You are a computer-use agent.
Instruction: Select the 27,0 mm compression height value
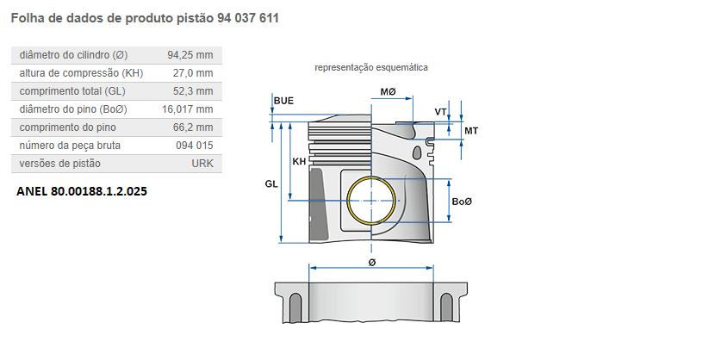[x=194, y=73]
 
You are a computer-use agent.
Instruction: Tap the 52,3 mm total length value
[x=194, y=91]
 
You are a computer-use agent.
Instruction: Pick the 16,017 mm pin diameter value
[x=187, y=109]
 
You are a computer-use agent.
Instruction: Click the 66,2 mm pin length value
[x=194, y=127]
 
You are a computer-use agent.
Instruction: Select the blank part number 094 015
[x=194, y=146]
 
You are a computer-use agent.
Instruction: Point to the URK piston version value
[x=202, y=164]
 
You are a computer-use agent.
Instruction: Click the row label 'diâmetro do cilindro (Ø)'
[x=73, y=55]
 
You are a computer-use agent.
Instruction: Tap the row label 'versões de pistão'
[x=59, y=164]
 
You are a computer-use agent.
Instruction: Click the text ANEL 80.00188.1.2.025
[x=82, y=191]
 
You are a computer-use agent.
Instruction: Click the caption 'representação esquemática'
[x=371, y=67]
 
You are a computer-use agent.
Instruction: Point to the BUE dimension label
[x=283, y=101]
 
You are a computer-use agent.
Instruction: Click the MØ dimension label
[x=388, y=92]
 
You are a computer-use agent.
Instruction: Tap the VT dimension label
[x=440, y=112]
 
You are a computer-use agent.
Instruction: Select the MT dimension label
[x=470, y=130]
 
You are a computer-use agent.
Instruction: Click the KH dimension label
[x=299, y=162]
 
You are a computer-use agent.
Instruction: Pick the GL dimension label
[x=270, y=184]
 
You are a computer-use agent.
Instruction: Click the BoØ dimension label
[x=462, y=201]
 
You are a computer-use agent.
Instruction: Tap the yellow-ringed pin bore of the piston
[x=372, y=200]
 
